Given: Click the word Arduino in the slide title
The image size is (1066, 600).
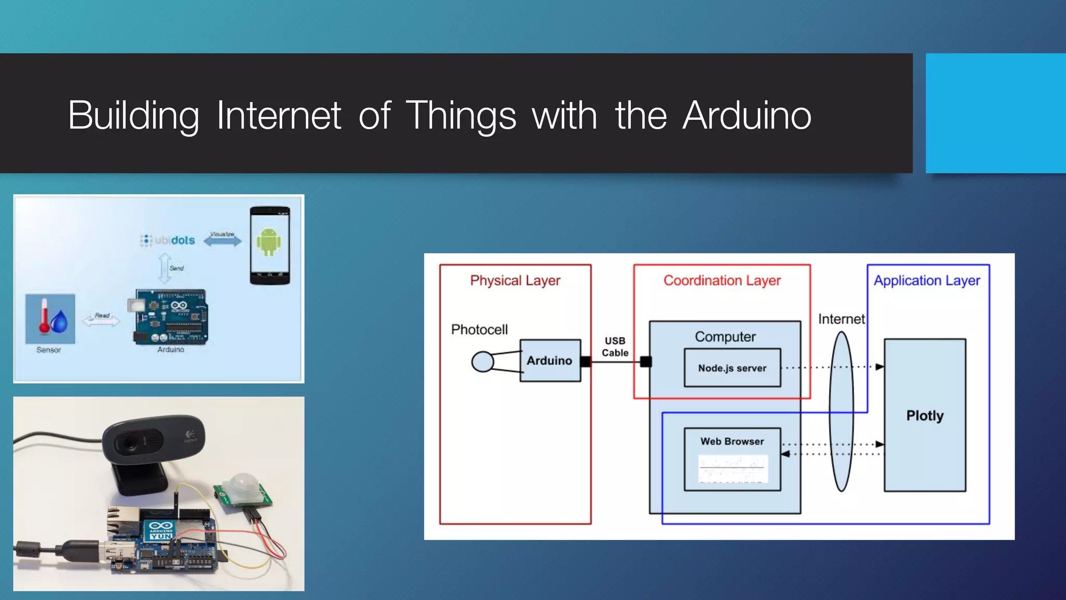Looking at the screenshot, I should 747,115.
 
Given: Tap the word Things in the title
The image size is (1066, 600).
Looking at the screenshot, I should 460,115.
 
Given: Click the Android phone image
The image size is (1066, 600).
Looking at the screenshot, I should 269,245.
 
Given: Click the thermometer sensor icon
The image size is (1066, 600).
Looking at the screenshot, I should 50,318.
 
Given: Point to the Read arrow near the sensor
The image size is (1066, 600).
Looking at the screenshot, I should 101,320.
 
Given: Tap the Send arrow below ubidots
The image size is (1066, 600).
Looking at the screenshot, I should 165,268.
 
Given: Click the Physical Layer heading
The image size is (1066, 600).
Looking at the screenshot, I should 515,280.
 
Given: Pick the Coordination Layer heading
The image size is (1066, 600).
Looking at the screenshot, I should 722,280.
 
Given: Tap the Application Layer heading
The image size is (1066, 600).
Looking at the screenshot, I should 927,280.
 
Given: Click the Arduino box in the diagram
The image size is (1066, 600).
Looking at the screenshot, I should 550,360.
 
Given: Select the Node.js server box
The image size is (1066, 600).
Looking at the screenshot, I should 732,368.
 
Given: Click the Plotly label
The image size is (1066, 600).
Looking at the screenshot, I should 924,416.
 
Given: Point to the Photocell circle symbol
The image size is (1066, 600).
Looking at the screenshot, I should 483,361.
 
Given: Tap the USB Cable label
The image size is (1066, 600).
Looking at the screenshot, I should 615,346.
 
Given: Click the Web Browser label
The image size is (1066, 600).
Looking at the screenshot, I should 732,441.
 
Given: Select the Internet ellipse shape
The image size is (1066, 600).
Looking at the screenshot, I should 841,411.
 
